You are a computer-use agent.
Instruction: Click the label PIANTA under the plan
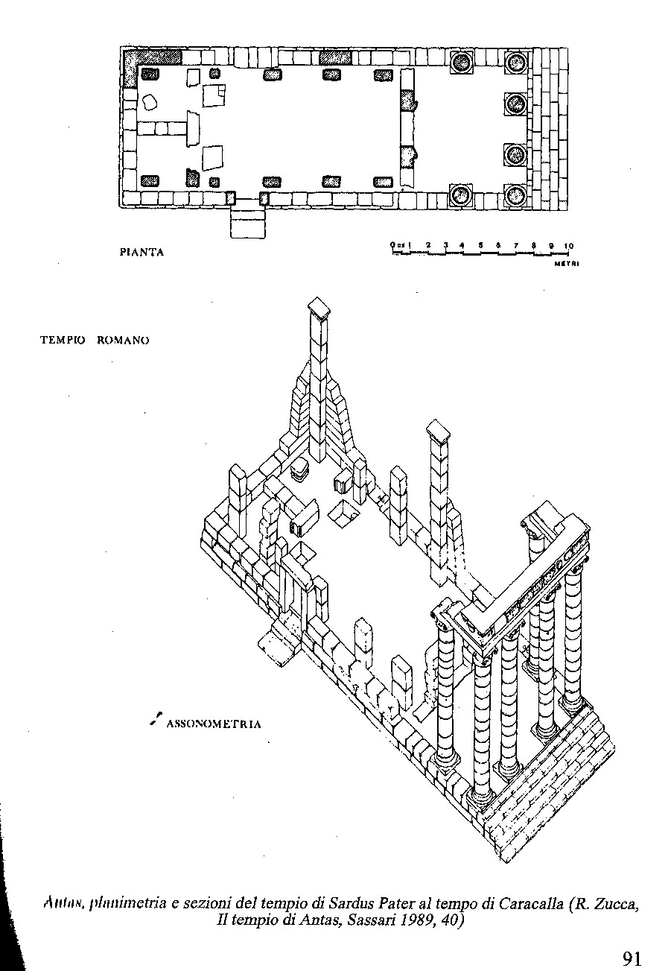point(141,253)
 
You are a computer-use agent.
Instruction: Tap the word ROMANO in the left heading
point(123,341)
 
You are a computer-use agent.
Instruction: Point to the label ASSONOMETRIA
point(214,724)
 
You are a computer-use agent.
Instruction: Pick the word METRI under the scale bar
point(567,263)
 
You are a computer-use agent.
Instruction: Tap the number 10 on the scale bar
point(568,245)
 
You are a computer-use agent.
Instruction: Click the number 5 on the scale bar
point(480,245)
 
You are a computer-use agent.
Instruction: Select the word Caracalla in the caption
point(530,905)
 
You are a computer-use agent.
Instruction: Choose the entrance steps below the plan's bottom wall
point(248,221)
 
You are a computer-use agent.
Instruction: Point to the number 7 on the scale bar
point(515,245)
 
